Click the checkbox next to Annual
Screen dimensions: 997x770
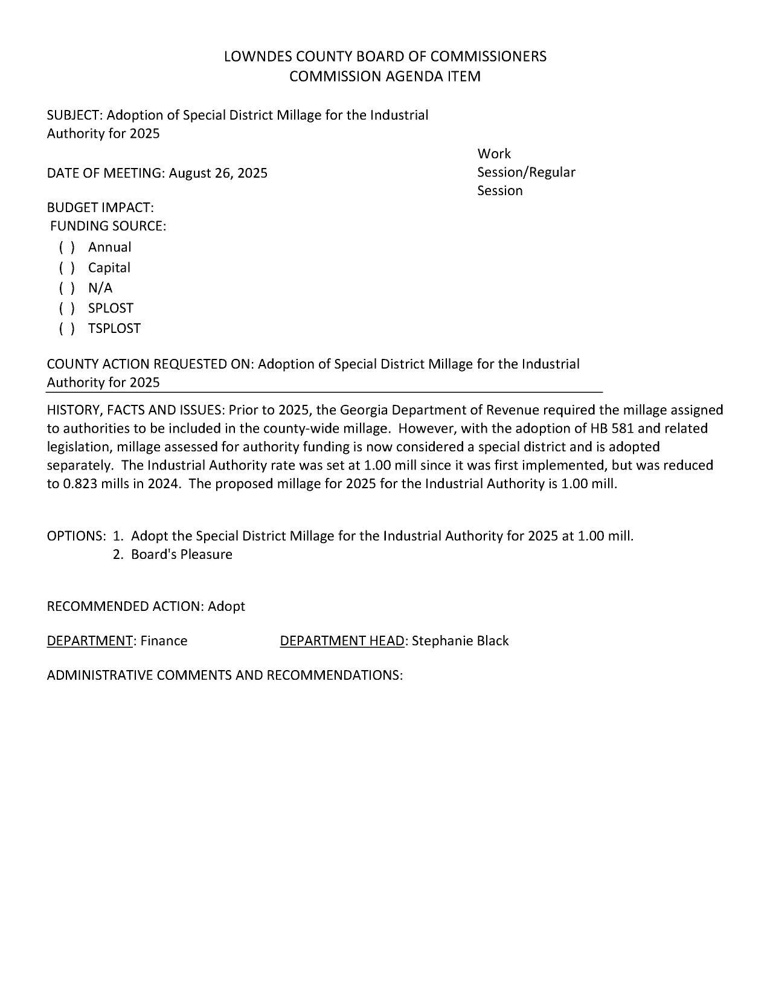pos(67,247)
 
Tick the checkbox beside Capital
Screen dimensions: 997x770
pos(67,268)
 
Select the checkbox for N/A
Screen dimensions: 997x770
pos(67,288)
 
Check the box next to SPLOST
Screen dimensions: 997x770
pos(67,308)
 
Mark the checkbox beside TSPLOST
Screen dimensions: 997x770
pos(67,329)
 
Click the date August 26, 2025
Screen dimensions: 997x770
pos(218,173)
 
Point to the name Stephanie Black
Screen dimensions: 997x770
pos(460,641)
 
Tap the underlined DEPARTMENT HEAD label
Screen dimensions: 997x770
pos(342,641)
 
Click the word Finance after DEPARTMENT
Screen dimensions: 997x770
pos(164,641)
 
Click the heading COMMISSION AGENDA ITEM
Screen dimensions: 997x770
pos(385,77)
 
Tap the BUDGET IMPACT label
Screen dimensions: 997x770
pos(100,208)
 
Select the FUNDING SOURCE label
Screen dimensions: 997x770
pos(108,227)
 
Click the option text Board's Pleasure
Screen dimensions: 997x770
pos(181,555)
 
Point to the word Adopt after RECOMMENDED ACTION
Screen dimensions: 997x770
pos(226,607)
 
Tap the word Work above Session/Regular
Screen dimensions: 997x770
pos(494,154)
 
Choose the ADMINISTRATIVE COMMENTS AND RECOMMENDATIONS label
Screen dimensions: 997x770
pos(225,676)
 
